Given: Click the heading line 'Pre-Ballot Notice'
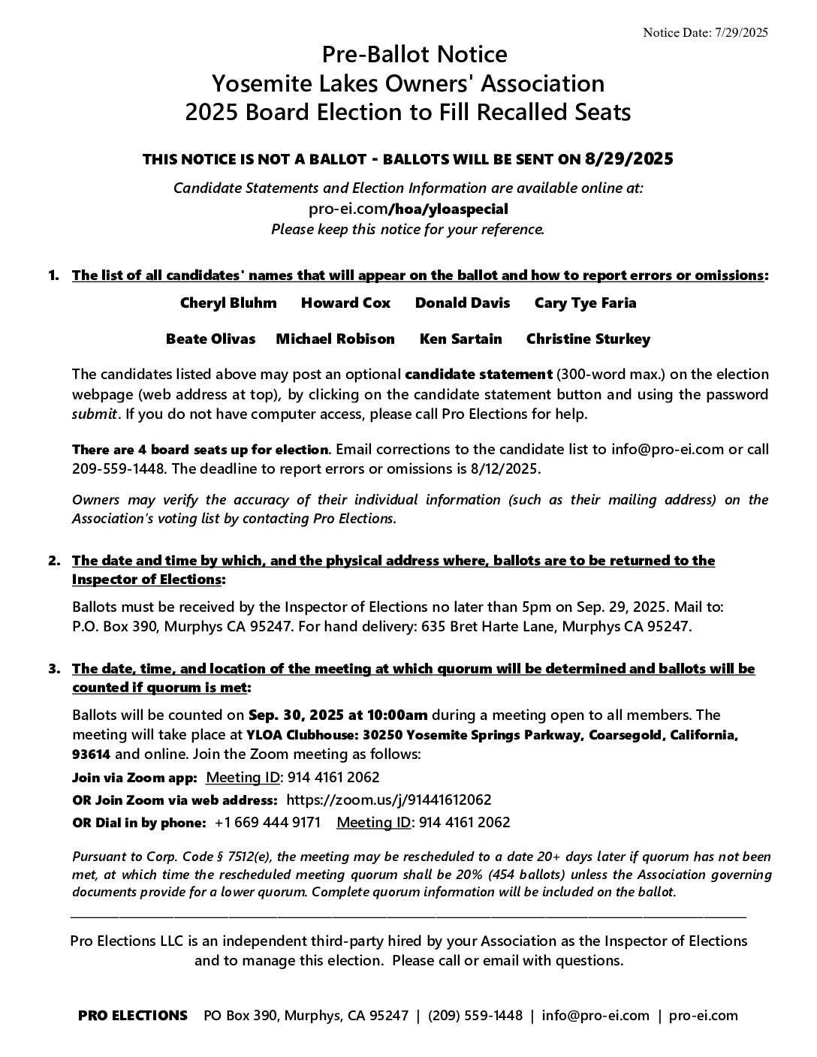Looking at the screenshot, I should click(x=415, y=55).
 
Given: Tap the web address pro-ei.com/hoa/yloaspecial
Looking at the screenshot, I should click(x=408, y=209).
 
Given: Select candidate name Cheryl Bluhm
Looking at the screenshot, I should click(x=228, y=303).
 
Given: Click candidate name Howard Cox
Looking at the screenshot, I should click(x=346, y=303).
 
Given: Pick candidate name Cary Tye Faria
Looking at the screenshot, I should click(x=585, y=303).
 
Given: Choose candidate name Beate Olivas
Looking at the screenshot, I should click(x=210, y=339).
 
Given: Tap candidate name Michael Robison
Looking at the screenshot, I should click(x=335, y=339).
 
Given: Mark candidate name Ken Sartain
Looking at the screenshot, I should click(x=460, y=339).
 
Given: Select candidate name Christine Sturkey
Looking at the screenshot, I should click(x=588, y=339).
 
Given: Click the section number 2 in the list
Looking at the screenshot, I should click(x=53, y=561).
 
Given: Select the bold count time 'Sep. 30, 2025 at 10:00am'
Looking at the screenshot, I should click(x=338, y=715).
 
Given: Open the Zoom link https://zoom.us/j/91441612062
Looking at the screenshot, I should click(x=389, y=800).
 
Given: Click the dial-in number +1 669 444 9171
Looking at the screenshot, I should click(x=267, y=823).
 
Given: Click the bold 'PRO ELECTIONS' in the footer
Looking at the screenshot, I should click(x=133, y=1016).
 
